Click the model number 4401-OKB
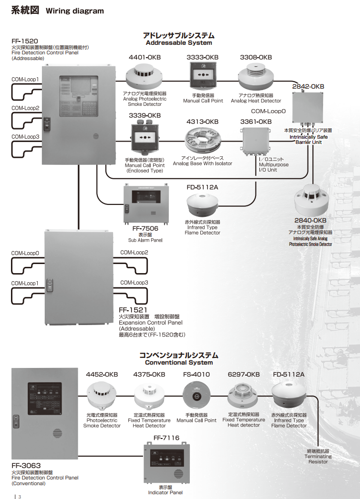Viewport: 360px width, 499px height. click(x=145, y=57)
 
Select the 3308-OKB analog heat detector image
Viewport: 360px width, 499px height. click(x=256, y=77)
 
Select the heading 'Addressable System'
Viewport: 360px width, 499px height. click(x=179, y=42)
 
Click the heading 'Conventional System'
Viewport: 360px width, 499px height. click(x=179, y=362)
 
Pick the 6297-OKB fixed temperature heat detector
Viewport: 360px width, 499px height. click(x=243, y=397)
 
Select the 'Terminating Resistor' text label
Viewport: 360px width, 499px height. click(x=318, y=459)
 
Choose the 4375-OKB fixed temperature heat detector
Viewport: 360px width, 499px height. click(x=150, y=397)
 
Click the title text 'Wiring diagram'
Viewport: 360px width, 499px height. click(x=74, y=11)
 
